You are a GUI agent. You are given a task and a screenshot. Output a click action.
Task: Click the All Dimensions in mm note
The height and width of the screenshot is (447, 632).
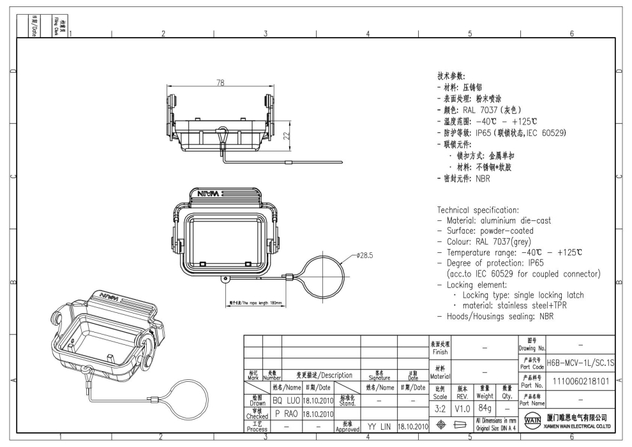click(495, 419)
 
